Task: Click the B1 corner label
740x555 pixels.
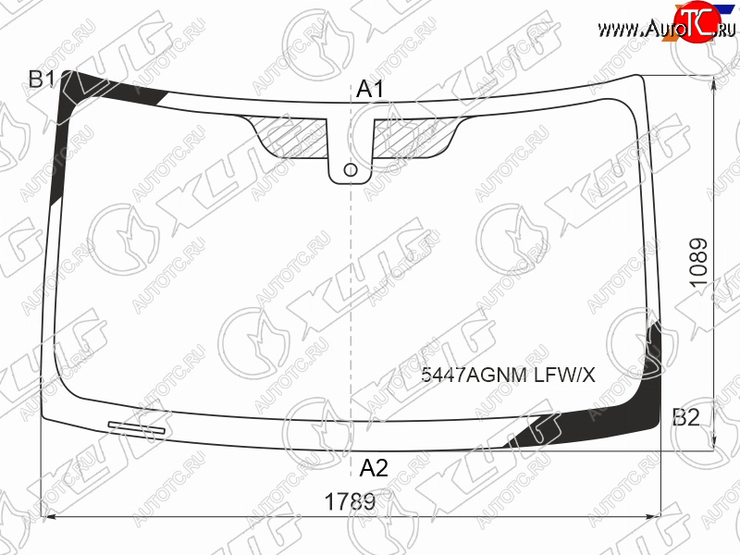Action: (43, 80)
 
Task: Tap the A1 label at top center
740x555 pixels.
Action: (371, 89)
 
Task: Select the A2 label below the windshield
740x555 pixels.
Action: (374, 468)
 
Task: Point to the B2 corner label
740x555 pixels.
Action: (685, 417)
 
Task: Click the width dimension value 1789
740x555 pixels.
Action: (350, 501)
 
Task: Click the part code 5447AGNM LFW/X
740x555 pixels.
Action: (508, 376)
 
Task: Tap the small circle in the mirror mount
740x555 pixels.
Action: (351, 170)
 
